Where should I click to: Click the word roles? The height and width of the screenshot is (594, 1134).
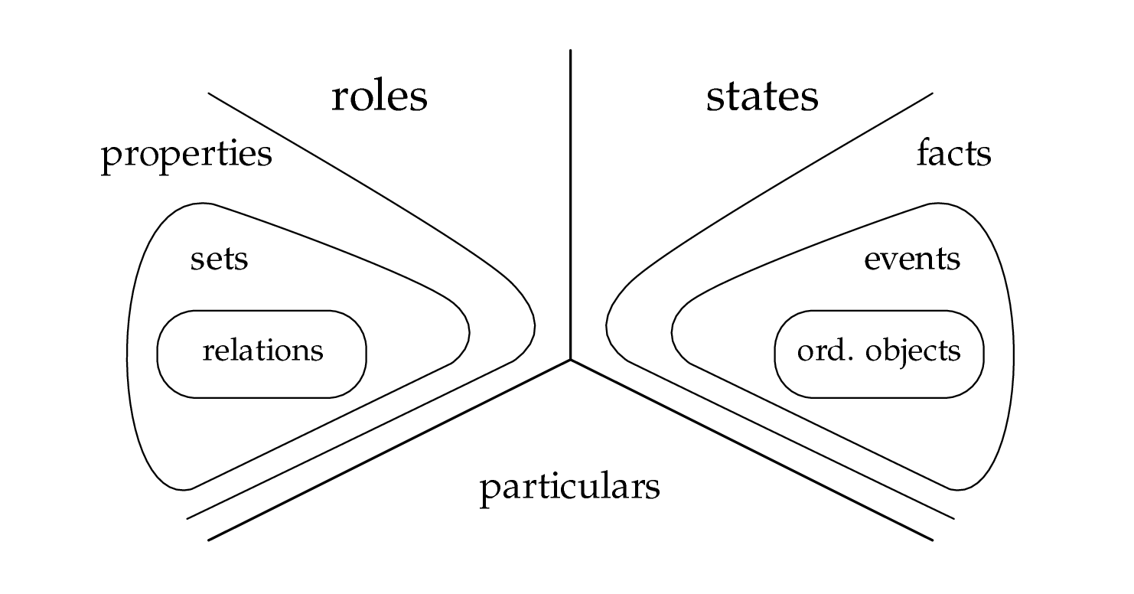(x=379, y=97)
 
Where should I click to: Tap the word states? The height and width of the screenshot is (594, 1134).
(x=761, y=97)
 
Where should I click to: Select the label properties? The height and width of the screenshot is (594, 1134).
(x=187, y=155)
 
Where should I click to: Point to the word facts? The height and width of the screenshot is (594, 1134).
(x=953, y=154)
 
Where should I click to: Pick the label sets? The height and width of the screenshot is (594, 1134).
(x=219, y=259)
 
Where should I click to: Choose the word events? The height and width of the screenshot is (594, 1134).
(x=911, y=259)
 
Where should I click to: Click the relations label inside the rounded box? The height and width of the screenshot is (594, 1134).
(x=262, y=351)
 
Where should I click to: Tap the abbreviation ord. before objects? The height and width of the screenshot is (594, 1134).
(x=823, y=351)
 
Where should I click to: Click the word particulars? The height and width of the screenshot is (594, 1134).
(x=569, y=487)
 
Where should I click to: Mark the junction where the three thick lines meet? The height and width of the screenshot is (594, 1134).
(x=570, y=359)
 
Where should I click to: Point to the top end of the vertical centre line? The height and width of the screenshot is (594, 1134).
(x=570, y=51)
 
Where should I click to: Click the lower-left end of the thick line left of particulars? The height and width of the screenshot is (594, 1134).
(x=209, y=540)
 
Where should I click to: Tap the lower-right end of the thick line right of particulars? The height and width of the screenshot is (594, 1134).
(x=933, y=540)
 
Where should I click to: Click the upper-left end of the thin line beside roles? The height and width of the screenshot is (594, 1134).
(x=209, y=93)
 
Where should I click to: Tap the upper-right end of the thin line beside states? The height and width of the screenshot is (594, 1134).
(x=933, y=93)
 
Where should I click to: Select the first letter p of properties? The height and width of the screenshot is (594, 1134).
(x=110, y=158)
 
